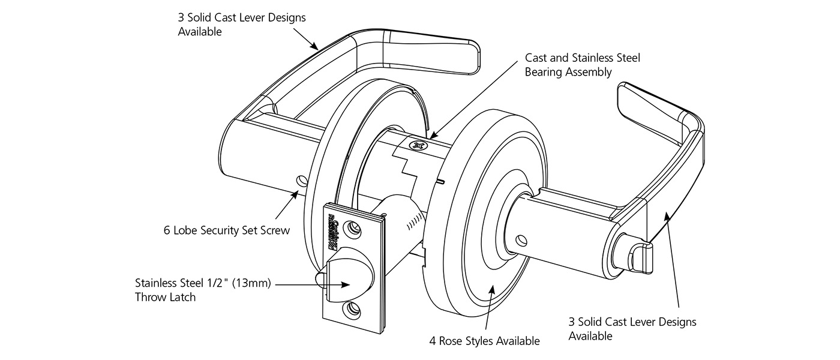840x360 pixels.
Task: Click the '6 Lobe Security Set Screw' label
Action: pyautogui.click(x=226, y=230)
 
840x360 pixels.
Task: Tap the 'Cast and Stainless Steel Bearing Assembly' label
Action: pyautogui.click(x=583, y=65)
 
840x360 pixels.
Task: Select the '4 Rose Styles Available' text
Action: pyautogui.click(x=484, y=341)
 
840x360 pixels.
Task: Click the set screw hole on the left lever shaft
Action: pyautogui.click(x=302, y=181)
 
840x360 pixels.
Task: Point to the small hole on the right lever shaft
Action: pyautogui.click(x=523, y=240)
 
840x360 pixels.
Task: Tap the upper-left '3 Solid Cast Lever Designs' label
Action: pyautogui.click(x=242, y=24)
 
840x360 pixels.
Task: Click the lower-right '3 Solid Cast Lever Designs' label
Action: pyautogui.click(x=632, y=329)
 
